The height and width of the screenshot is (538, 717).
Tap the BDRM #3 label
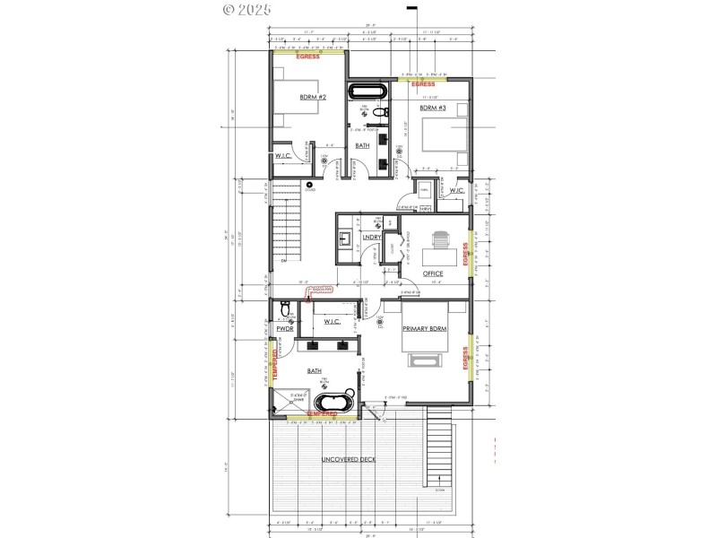[432, 108]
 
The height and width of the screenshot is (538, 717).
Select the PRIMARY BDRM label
[424, 330]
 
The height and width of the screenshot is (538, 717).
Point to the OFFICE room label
[433, 273]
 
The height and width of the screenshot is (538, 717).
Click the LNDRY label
[369, 238]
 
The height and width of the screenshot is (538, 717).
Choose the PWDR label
[286, 329]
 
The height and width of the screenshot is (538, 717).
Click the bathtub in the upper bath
[367, 91]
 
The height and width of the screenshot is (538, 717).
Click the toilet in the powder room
[284, 310]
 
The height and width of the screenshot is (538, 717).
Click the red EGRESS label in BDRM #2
[308, 56]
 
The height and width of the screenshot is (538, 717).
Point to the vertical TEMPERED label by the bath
[274, 364]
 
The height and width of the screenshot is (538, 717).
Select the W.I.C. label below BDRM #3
[456, 190]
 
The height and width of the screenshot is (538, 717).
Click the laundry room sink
[345, 238]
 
